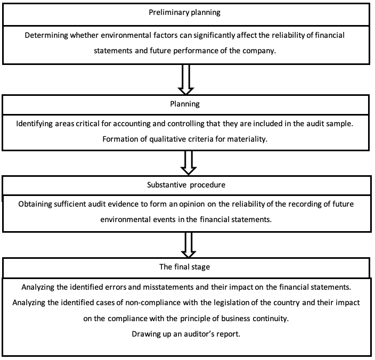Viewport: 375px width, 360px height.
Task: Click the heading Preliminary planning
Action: click(x=184, y=12)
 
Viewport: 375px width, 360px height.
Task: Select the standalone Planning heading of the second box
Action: click(x=185, y=104)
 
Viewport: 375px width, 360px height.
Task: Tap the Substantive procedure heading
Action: click(x=186, y=185)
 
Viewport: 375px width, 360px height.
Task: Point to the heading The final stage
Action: click(x=185, y=267)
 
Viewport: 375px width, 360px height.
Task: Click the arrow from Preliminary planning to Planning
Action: click(x=186, y=79)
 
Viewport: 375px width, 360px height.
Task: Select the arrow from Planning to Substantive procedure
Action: click(x=189, y=163)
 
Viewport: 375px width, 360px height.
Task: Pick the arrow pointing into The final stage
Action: click(x=189, y=245)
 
